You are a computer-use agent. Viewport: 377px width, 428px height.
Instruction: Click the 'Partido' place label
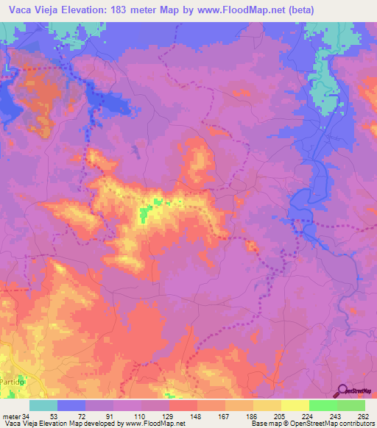tap(13, 382)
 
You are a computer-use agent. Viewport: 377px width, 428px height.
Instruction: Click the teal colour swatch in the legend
tap(43, 405)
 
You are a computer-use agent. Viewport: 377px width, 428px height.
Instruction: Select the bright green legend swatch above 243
tap(323, 405)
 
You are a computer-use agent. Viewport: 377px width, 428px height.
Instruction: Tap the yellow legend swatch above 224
tap(295, 405)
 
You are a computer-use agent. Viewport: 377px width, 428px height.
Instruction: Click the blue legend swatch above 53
tap(71, 405)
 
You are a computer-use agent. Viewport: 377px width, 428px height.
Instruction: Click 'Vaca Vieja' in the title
tap(29, 10)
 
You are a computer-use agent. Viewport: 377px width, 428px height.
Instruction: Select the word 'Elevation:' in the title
tap(87, 10)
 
